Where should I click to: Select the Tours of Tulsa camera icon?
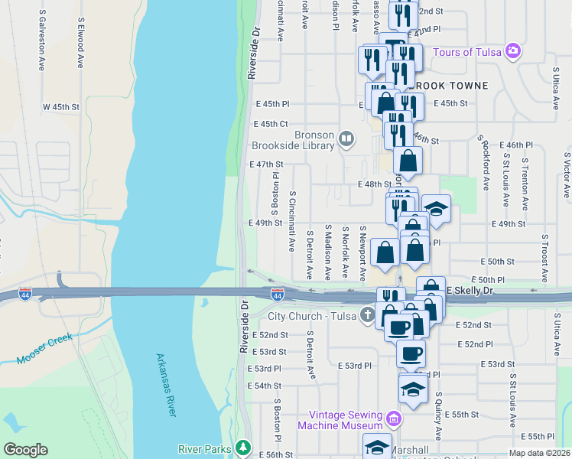(512, 52)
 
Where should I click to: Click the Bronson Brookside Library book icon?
(346, 138)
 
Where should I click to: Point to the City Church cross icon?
(368, 315)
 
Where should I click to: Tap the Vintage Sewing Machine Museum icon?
(394, 418)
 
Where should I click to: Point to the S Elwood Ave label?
(80, 45)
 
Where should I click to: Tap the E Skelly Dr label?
(473, 291)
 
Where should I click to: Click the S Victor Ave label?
(565, 174)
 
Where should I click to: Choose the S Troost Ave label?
(545, 259)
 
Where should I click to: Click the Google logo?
(26, 449)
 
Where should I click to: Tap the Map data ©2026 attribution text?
(539, 453)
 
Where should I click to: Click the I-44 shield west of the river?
(26, 293)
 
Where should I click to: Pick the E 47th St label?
(266, 164)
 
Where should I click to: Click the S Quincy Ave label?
(439, 417)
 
